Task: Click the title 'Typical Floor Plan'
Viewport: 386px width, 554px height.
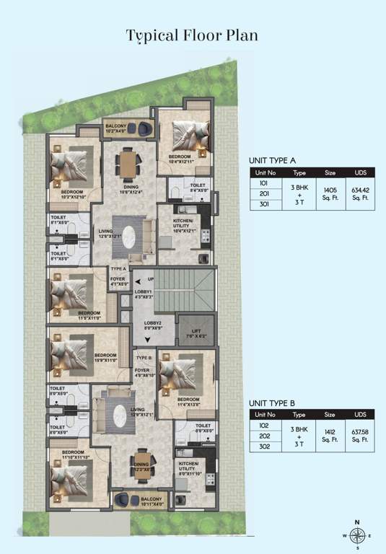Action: (192, 35)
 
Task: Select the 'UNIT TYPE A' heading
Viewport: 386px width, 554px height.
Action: (273, 161)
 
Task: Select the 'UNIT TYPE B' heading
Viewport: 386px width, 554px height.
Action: (273, 403)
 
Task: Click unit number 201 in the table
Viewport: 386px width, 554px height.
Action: (263, 193)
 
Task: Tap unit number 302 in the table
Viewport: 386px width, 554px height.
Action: (263, 448)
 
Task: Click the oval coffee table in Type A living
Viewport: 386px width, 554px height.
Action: (131, 236)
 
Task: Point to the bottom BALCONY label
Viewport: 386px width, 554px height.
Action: (152, 501)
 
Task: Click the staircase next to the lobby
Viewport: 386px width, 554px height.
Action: (185, 289)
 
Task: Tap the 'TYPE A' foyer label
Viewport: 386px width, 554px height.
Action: (119, 269)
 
